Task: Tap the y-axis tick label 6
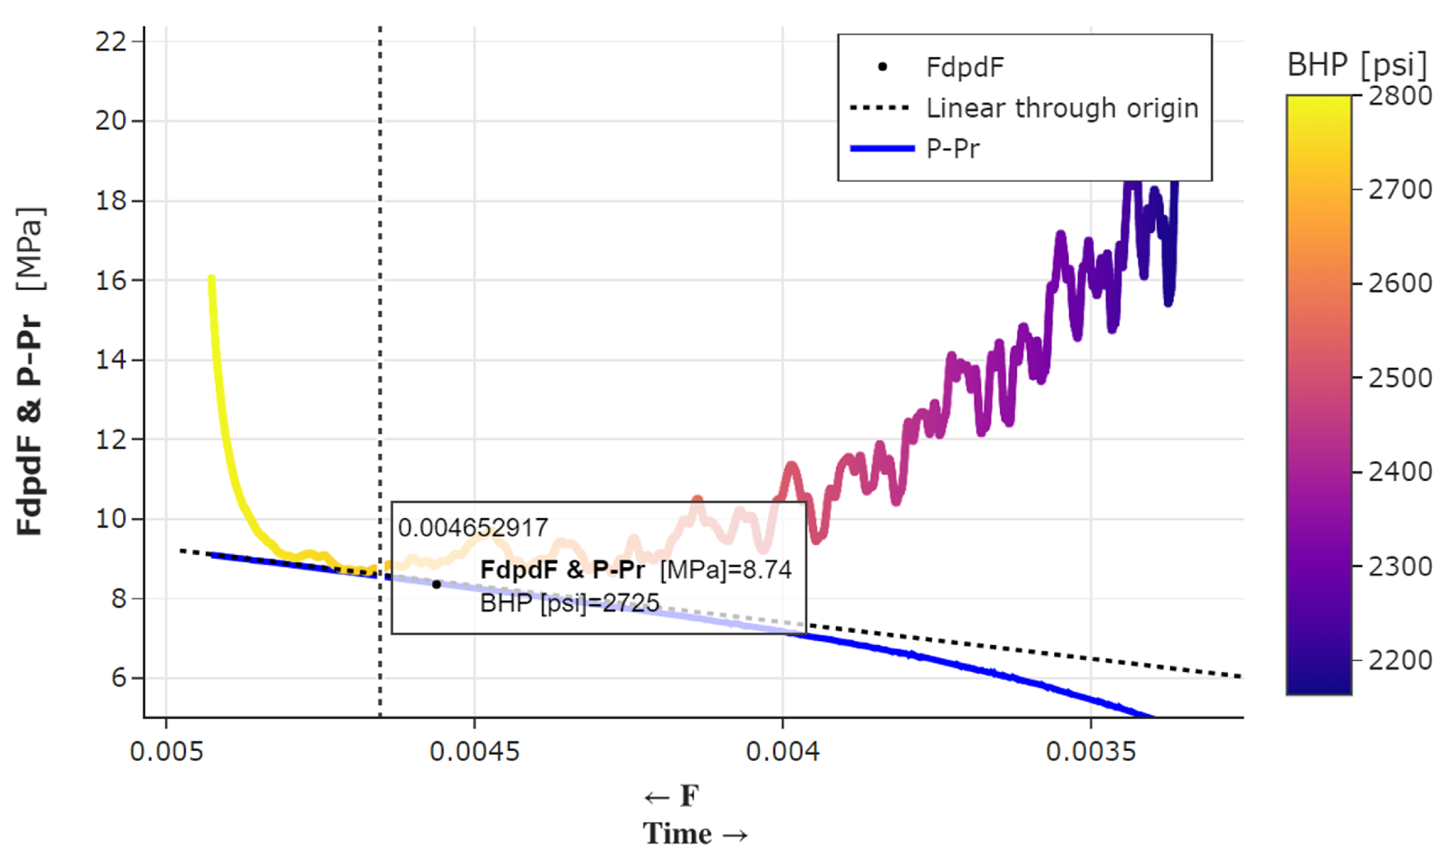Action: point(118,677)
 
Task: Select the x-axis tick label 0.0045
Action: point(474,751)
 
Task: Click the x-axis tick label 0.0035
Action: point(1091,751)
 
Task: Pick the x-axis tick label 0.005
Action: point(166,751)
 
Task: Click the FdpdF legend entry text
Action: point(964,67)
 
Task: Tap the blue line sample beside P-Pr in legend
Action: point(882,149)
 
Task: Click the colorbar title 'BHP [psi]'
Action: point(1356,65)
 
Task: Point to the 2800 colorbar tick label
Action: point(1400,95)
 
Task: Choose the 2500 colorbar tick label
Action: point(1400,378)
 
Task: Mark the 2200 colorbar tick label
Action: point(1400,660)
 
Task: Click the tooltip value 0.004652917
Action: point(473,527)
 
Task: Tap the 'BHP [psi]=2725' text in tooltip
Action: point(569,603)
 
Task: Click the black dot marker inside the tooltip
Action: point(436,585)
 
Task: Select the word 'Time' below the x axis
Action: point(677,834)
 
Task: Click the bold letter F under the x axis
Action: point(690,796)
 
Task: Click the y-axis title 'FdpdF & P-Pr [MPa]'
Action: point(29,371)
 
